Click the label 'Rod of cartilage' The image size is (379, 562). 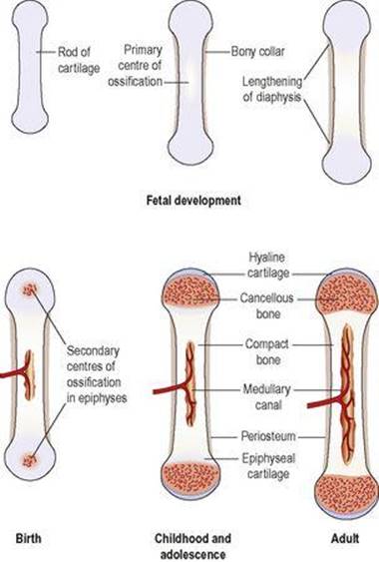(79, 60)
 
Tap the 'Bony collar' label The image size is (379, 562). (258, 52)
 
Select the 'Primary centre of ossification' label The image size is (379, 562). (135, 66)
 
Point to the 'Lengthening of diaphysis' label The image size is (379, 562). (272, 89)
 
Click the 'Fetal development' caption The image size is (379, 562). (193, 200)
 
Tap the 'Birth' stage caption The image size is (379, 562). (28, 538)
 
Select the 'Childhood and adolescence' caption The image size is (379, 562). (192, 545)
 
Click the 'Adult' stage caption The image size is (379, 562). (345, 538)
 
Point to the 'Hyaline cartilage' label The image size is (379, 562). (267, 266)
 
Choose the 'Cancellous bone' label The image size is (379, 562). (267, 305)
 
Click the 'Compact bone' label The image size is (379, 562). (267, 352)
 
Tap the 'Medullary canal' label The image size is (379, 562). (267, 396)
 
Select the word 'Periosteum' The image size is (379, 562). (268, 436)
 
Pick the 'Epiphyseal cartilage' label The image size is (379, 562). (268, 466)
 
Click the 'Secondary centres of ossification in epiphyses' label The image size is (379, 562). (97, 373)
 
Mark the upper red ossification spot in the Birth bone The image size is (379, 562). (30, 289)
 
